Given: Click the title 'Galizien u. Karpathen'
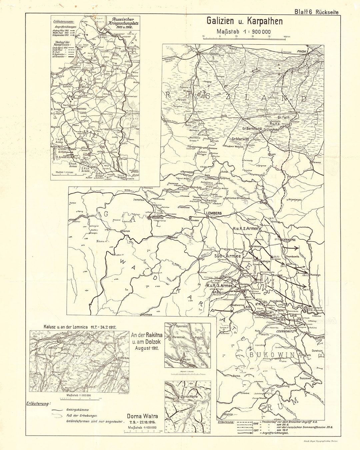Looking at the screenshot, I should (244, 21).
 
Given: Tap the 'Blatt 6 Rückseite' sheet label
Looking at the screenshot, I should (316, 12).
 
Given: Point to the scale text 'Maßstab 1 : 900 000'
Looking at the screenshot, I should (244, 32).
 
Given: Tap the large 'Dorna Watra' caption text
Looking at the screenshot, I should (142, 416).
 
